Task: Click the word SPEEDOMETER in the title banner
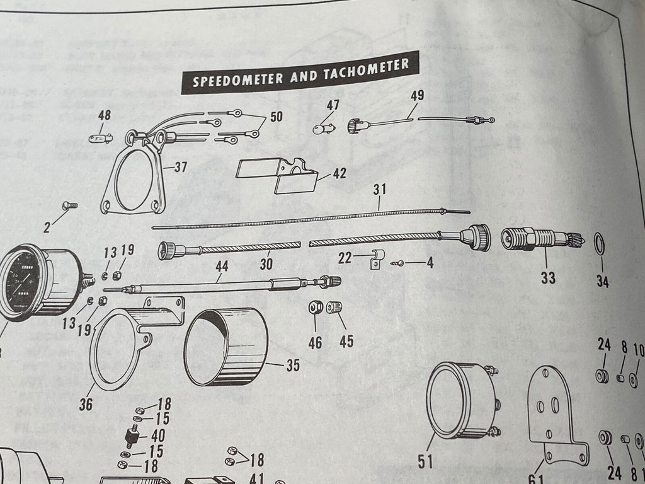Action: (x=232, y=80)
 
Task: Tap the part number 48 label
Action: (x=105, y=115)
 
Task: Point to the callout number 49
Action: (x=416, y=96)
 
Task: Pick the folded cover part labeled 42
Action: (x=278, y=175)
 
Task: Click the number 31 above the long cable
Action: (x=380, y=189)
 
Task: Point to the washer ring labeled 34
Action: (x=599, y=242)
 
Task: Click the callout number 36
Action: (x=86, y=404)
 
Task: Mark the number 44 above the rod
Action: (x=222, y=267)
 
